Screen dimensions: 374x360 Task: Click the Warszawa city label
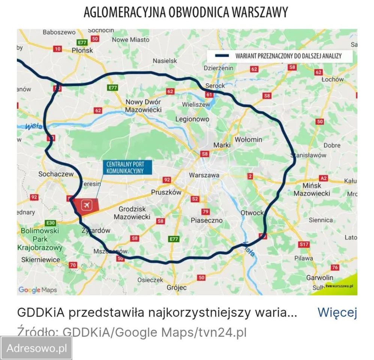[204, 175]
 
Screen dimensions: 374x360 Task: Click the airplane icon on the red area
[87, 205]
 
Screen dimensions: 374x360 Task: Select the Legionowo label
[192, 119]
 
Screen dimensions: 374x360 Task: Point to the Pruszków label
[166, 192]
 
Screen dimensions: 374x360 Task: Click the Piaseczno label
[207, 220]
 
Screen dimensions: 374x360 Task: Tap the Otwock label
[252, 213]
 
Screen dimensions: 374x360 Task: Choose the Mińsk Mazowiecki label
[312, 189]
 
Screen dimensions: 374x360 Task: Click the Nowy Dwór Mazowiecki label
[143, 106]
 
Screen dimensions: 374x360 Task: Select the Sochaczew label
[56, 174]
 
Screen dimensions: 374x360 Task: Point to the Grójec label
[177, 288]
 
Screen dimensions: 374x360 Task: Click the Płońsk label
[82, 50]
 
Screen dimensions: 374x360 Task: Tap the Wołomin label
[248, 139]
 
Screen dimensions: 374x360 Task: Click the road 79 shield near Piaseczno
[206, 212]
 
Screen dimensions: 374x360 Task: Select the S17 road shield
[304, 244]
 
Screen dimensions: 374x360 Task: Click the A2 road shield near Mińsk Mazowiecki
[323, 178]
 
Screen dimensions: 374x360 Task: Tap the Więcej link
[336, 312]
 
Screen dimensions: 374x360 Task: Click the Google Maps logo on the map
[38, 289]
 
